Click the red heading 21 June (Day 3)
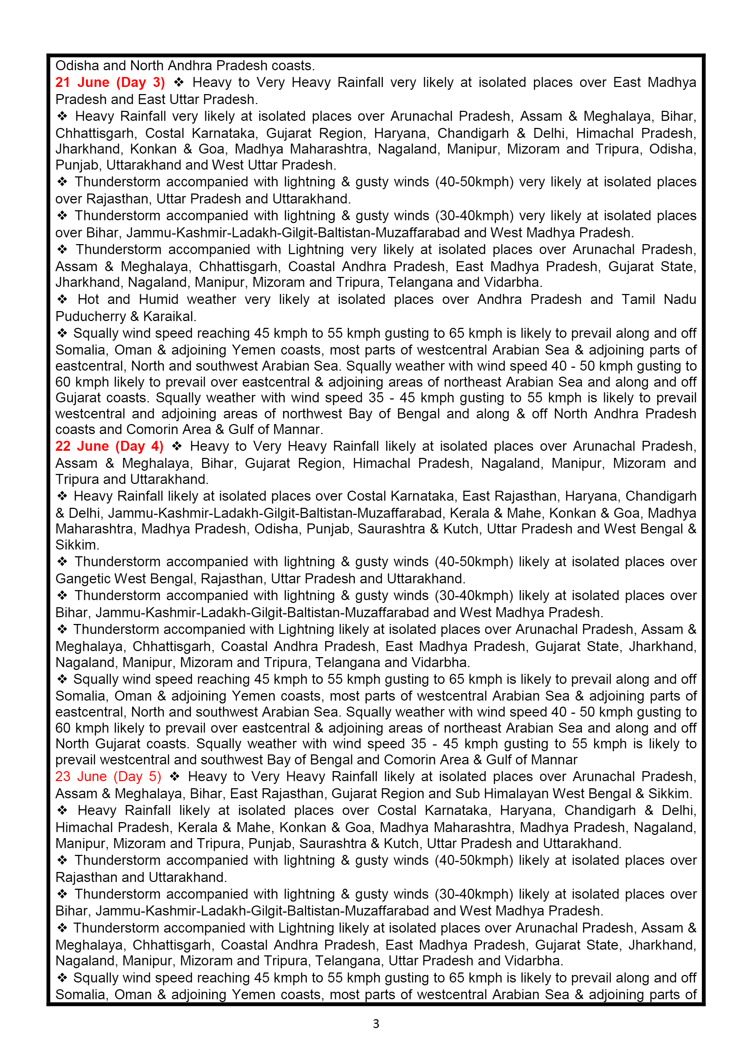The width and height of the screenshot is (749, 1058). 110,82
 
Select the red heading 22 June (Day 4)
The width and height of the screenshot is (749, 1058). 109,447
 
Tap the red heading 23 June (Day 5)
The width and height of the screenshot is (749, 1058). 108,776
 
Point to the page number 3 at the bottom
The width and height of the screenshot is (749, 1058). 376,1024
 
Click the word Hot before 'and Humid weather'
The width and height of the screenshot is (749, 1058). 88,300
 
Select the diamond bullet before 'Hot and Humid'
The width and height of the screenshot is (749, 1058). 62,300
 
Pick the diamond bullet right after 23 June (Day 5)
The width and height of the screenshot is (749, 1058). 174,776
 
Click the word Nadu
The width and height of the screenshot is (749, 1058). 680,300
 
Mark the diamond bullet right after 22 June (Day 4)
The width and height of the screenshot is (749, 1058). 177,447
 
